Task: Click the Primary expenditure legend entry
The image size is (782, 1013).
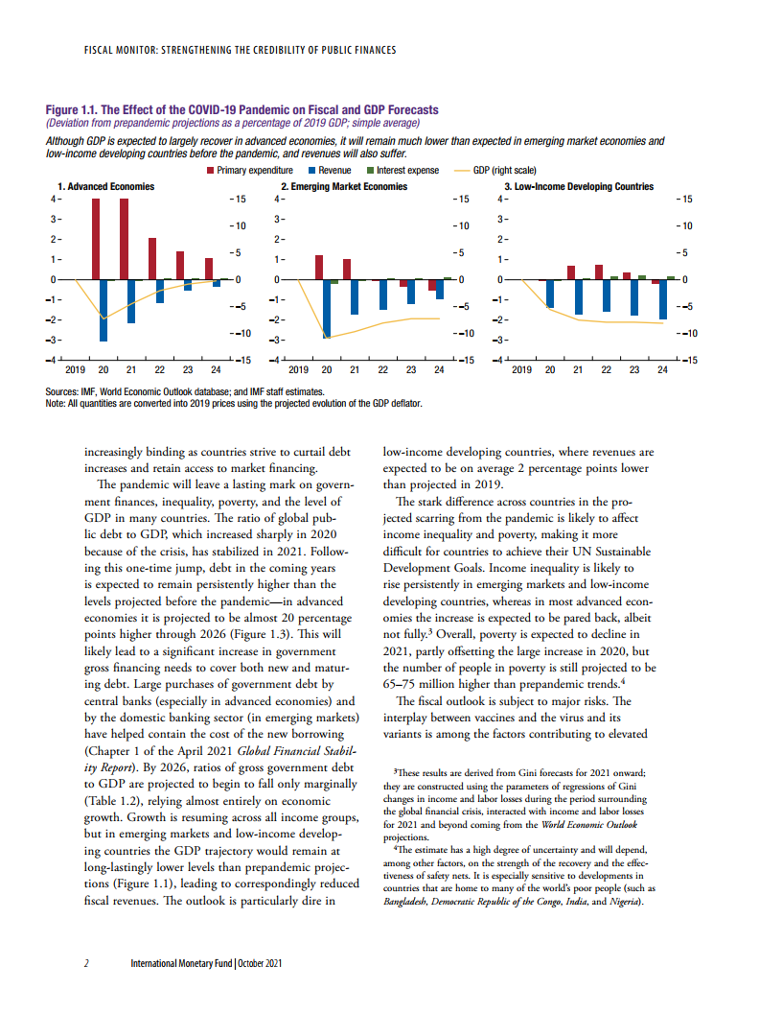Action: pyautogui.click(x=254, y=171)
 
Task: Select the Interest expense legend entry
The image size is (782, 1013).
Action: pyautogui.click(x=407, y=171)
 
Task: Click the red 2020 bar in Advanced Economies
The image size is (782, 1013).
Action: pyautogui.click(x=96, y=239)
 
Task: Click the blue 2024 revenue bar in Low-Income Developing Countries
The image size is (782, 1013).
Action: pyautogui.click(x=663, y=299)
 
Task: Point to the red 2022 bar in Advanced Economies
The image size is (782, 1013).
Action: pyautogui.click(x=151, y=259)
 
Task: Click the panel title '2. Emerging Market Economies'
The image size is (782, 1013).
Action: pyautogui.click(x=343, y=186)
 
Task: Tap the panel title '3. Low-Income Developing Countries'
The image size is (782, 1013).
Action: pyautogui.click(x=579, y=186)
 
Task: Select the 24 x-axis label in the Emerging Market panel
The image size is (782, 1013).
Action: pyautogui.click(x=439, y=369)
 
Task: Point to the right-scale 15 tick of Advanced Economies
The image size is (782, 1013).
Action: pyautogui.click(x=241, y=199)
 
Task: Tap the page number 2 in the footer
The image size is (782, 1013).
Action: pyautogui.click(x=86, y=963)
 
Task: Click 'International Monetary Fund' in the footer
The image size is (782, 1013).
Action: pyautogui.click(x=181, y=963)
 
